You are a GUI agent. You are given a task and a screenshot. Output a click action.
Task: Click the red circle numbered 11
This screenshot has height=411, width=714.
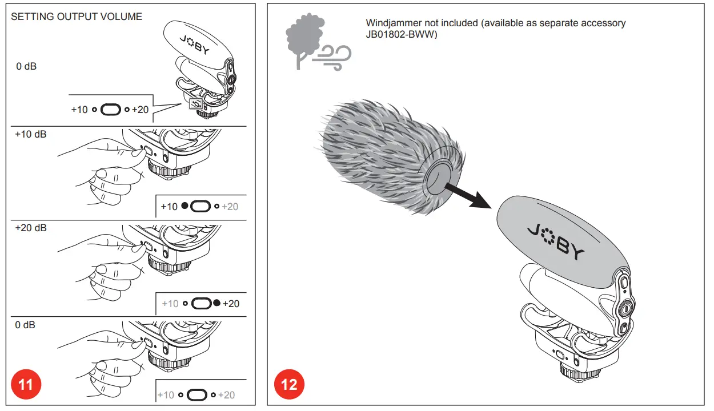pyautogui.click(x=26, y=385)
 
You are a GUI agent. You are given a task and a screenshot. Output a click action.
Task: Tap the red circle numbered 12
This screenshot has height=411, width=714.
pyautogui.click(x=290, y=385)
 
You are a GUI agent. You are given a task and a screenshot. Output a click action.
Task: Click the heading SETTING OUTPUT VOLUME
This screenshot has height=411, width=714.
pyautogui.click(x=77, y=17)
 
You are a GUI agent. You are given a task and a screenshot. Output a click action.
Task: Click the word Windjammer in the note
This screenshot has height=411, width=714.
pyautogui.click(x=393, y=23)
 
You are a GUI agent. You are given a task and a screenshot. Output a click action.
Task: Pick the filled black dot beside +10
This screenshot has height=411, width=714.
pyautogui.click(x=184, y=206)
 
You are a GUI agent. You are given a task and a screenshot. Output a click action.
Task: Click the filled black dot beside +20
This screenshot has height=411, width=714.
pyautogui.click(x=216, y=303)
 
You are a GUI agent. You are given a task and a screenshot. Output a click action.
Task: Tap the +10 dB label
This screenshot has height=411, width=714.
pyautogui.click(x=31, y=135)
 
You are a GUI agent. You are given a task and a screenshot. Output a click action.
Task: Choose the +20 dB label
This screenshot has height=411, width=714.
pyautogui.click(x=31, y=228)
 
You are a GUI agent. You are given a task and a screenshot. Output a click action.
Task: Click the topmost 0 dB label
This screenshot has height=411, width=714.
pyautogui.click(x=26, y=66)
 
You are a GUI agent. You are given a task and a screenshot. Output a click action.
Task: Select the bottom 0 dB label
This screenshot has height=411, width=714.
pyautogui.click(x=25, y=325)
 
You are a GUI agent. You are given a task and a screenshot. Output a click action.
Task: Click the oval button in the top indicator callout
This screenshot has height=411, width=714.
pyautogui.click(x=110, y=109)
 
